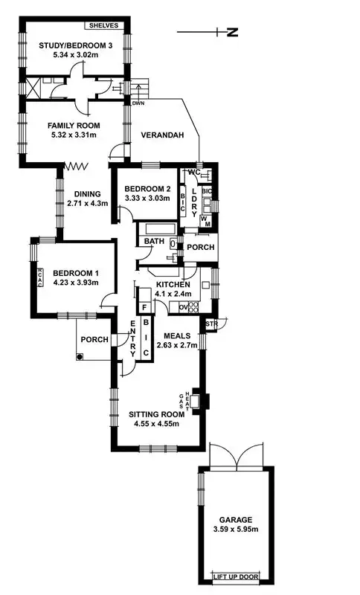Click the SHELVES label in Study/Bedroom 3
click(x=103, y=25)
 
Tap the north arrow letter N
click(x=231, y=32)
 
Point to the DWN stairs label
click(x=138, y=103)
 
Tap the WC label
click(x=195, y=173)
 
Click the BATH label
click(x=154, y=242)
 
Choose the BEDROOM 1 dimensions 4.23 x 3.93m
click(x=76, y=283)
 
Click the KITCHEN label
click(x=173, y=285)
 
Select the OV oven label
click(x=175, y=307)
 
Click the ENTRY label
click(x=132, y=334)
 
